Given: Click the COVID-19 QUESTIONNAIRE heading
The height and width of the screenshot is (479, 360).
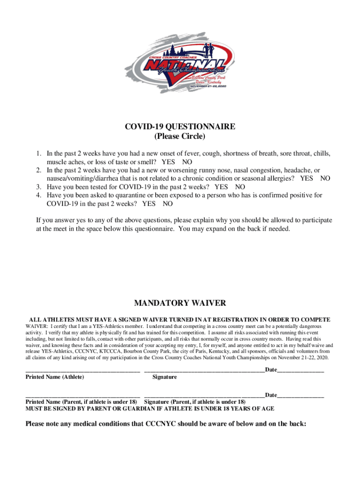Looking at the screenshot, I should tap(180, 127).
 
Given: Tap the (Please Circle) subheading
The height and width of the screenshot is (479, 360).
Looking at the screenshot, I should tap(180, 137).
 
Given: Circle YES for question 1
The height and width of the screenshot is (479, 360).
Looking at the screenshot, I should tap(168, 161).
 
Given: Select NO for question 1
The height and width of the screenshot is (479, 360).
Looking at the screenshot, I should tap(187, 161).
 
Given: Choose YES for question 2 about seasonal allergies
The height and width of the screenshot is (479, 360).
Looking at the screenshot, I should tap(307, 178).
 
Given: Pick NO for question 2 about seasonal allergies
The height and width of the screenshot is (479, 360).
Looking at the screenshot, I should tap(325, 178).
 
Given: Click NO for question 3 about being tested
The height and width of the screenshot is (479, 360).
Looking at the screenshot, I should tap(240, 187).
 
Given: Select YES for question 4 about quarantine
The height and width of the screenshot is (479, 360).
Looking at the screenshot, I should tap(149, 204).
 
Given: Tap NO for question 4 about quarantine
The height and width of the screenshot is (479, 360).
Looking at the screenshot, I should tap(168, 204).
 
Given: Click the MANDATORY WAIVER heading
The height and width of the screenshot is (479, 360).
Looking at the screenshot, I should tap(180, 303).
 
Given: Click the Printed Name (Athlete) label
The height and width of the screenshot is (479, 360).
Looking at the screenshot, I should tap(55, 377).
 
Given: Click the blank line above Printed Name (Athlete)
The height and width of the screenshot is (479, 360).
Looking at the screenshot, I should tap(82, 370).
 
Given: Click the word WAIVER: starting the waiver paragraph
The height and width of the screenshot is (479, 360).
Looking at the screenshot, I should tap(37, 326).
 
